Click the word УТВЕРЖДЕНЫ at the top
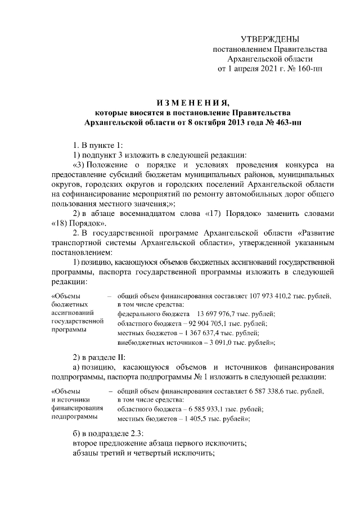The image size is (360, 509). point(270,39)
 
